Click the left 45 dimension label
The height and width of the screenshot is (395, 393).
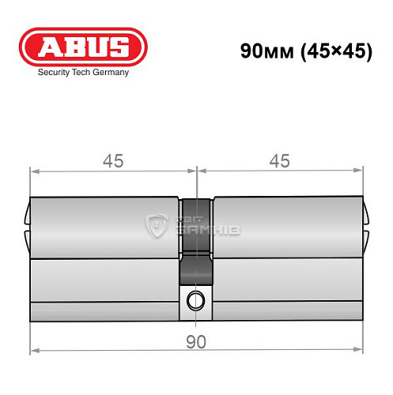pyautogui.click(x=112, y=160)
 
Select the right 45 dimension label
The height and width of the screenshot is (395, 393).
pyautogui.click(x=279, y=160)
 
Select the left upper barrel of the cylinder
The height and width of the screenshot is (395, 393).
pyautogui.click(x=103, y=227)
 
